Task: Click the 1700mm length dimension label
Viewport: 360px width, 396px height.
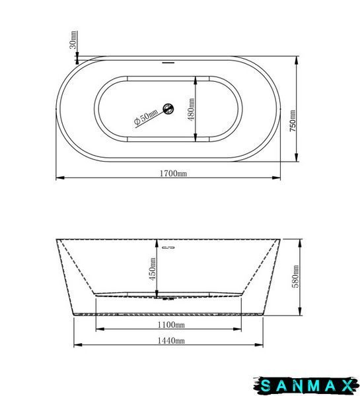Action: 174,174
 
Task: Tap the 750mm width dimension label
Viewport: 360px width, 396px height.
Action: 293,121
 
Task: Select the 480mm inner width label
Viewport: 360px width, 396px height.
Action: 192,110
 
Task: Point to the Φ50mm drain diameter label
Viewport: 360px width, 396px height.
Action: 146,117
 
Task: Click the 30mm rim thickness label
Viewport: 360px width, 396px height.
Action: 73,40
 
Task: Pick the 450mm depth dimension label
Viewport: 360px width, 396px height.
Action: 153,269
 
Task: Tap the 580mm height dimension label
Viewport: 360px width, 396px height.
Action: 295,277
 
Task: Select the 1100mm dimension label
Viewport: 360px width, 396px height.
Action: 171,325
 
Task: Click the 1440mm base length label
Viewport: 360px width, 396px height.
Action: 171,341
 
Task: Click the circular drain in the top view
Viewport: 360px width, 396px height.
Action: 168,109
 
